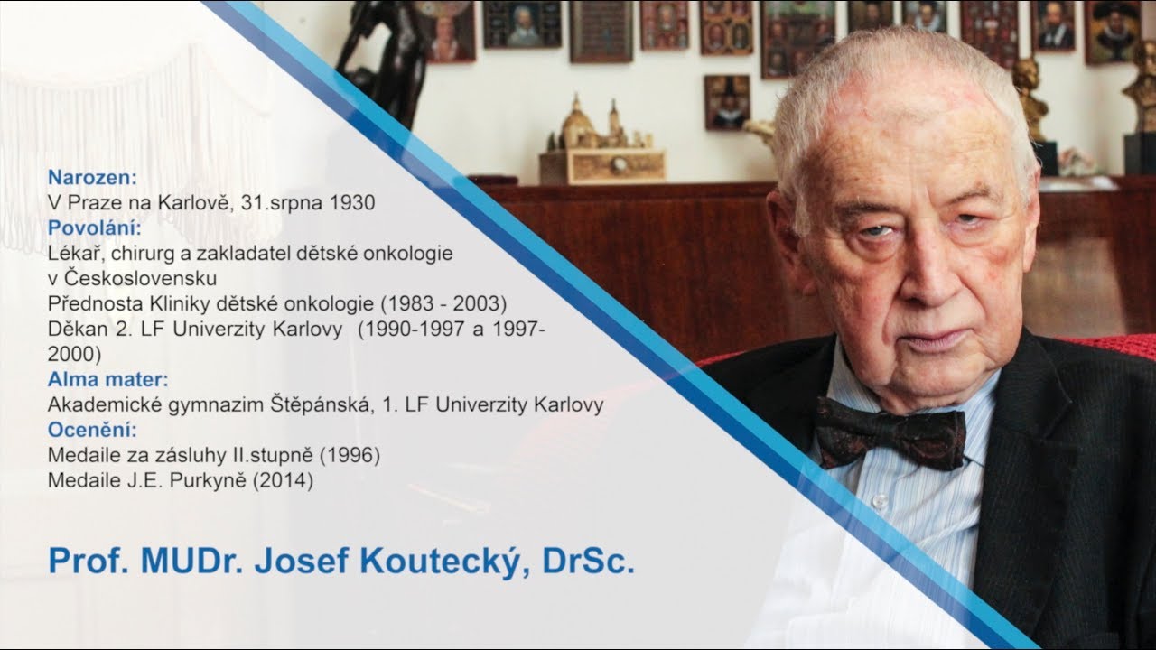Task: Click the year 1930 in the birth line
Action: [352, 202]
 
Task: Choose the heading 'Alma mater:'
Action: [107, 379]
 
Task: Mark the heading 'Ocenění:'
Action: [92, 430]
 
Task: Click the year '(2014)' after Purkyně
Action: [284, 481]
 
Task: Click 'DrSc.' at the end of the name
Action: [589, 560]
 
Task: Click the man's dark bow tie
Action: [890, 432]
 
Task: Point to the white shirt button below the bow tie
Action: [877, 502]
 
